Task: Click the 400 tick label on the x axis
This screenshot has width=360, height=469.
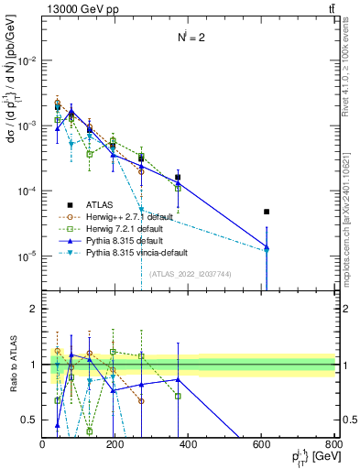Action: (187, 445)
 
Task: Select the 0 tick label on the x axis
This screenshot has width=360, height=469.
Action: (43, 445)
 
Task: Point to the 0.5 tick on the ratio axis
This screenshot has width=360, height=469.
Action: (29, 420)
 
